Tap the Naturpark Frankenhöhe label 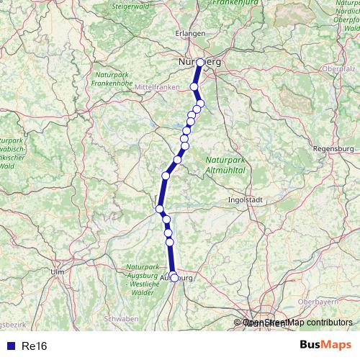pos(110,78)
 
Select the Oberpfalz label pos(342,69)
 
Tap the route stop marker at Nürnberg pos(199,63)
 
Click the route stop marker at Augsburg pos(174,277)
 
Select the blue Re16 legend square pos(7,346)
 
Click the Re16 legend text pos(35,346)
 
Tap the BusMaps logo pos(325,346)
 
